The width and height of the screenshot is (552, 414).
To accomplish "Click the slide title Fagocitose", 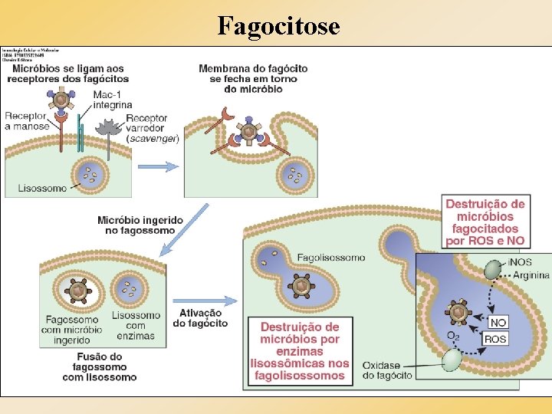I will pyautogui.click(x=278, y=25).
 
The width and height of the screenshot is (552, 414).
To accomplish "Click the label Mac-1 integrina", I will pyautogui.click(x=112, y=100).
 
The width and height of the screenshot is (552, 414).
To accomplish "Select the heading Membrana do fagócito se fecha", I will pyautogui.click(x=253, y=78).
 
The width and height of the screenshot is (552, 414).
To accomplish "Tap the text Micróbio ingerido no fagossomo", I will pyautogui.click(x=140, y=225).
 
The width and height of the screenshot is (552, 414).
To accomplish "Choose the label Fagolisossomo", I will pyautogui.click(x=331, y=258).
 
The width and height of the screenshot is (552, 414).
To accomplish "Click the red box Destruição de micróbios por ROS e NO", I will pyautogui.click(x=485, y=222).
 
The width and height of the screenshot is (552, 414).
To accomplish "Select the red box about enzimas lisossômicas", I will pyautogui.click(x=299, y=351).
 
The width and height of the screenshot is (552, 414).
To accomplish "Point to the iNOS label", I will pyautogui.click(x=519, y=262).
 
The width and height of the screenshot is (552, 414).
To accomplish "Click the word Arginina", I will pyautogui.click(x=531, y=274).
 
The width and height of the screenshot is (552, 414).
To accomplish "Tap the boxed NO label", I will pyautogui.click(x=498, y=322).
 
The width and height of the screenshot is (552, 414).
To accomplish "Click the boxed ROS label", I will pyautogui.click(x=495, y=339).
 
